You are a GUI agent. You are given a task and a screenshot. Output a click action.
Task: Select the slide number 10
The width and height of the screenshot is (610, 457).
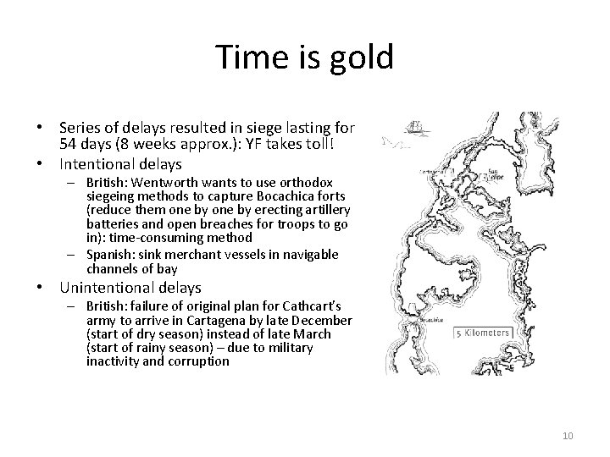coord(568,435)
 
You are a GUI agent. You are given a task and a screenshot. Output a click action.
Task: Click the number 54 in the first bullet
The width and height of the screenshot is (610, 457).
coord(70,143)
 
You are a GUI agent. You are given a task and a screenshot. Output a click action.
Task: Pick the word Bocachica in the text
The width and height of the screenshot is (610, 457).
coord(257,196)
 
